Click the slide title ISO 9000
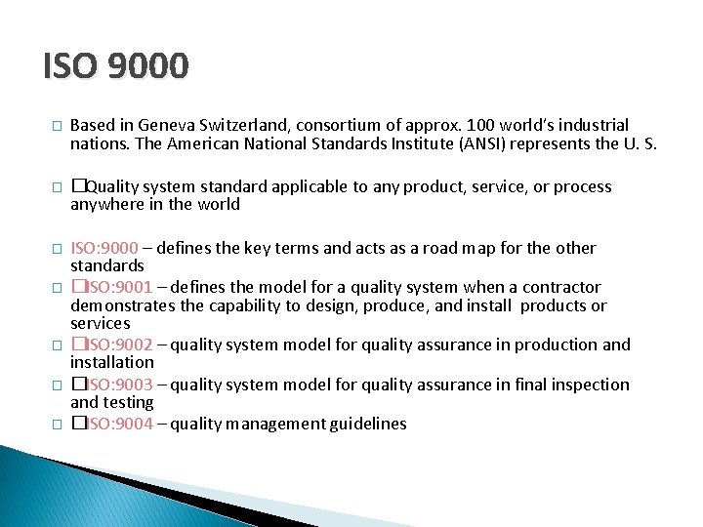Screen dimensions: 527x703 point(116,66)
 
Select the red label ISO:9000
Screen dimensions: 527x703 point(103,248)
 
